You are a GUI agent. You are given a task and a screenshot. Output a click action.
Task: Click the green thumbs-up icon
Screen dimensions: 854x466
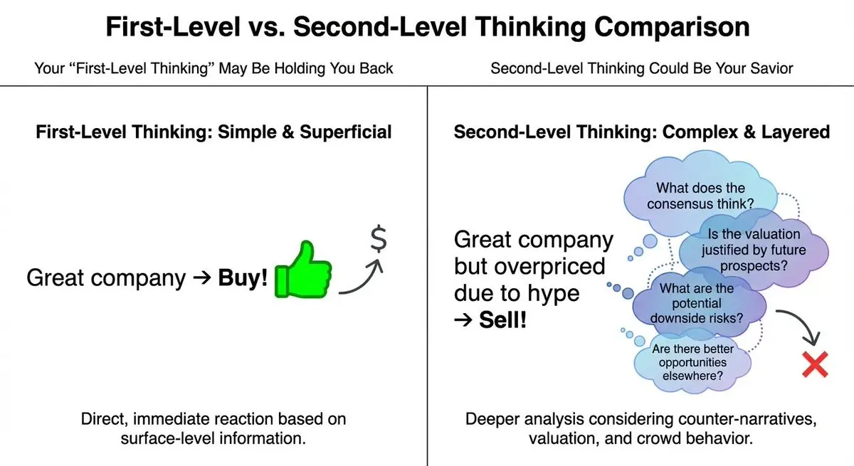pyautogui.click(x=303, y=270)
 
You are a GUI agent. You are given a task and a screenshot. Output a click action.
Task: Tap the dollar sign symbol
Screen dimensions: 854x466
pyautogui.click(x=379, y=239)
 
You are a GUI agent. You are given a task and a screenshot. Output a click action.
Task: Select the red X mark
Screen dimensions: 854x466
pyautogui.click(x=815, y=365)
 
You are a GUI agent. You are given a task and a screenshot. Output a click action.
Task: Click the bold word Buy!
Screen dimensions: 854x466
pyautogui.click(x=243, y=277)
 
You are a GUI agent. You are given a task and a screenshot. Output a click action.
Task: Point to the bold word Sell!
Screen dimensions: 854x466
pyautogui.click(x=502, y=319)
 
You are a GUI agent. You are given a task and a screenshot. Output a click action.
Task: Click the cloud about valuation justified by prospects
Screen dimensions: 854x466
pyautogui.click(x=754, y=250)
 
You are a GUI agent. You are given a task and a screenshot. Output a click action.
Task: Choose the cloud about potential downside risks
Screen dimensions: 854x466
pyautogui.click(x=697, y=303)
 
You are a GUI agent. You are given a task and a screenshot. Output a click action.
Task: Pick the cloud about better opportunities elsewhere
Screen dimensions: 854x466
pyautogui.click(x=692, y=362)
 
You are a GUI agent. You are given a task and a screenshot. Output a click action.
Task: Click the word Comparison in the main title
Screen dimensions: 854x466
pyautogui.click(x=672, y=28)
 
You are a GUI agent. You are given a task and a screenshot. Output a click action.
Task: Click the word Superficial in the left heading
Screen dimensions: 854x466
pyautogui.click(x=345, y=132)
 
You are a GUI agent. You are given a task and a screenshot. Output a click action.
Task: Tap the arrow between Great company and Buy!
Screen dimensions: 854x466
pyautogui.click(x=201, y=277)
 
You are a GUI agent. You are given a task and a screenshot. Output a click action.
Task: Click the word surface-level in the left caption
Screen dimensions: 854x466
pyautogui.click(x=164, y=438)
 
